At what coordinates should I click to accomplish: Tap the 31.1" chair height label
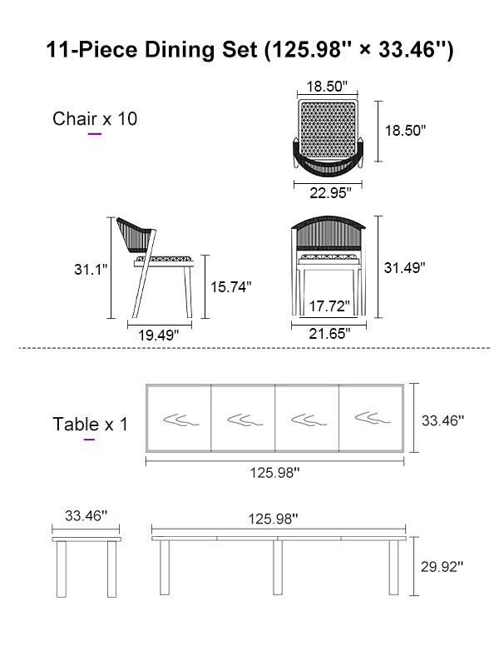[x=90, y=269]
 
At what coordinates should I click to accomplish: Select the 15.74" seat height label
[x=230, y=286]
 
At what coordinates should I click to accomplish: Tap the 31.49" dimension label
[x=404, y=268]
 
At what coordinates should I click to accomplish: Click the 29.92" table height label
[x=442, y=566]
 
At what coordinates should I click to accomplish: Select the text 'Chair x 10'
[x=95, y=118]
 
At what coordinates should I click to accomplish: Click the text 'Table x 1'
[x=91, y=424]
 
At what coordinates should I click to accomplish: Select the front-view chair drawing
[x=329, y=265]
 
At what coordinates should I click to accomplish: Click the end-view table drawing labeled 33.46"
[x=86, y=566]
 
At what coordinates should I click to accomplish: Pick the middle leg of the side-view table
[x=277, y=568]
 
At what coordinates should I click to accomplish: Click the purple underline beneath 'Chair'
[x=95, y=133]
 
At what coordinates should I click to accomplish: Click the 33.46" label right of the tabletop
[x=442, y=421]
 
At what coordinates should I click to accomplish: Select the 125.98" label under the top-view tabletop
[x=274, y=472]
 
